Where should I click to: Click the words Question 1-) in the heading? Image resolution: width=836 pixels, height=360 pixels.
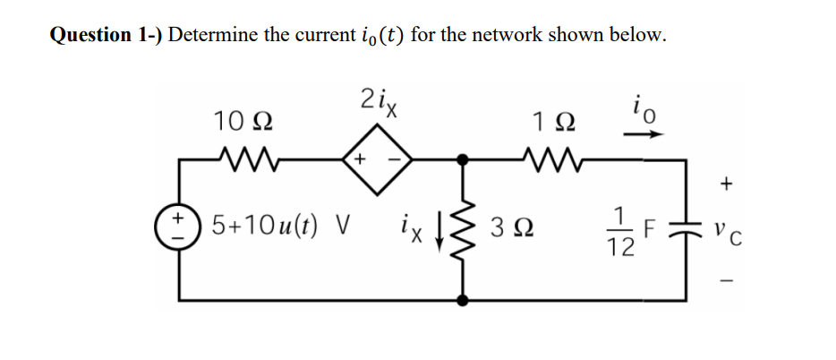pyautogui.click(x=105, y=36)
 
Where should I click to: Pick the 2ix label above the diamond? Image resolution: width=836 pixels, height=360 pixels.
pyautogui.click(x=377, y=101)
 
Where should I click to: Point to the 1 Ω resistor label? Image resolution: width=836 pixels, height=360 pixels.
pyautogui.click(x=550, y=120)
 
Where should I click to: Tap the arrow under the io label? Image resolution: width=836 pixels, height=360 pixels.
pyautogui.click(x=648, y=136)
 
